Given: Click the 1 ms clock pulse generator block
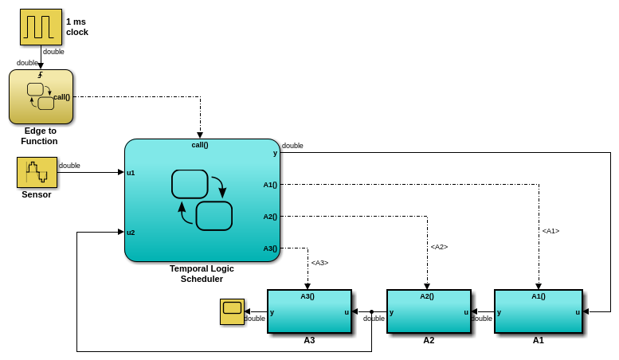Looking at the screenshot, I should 41,27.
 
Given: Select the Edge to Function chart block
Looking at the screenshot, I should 41,96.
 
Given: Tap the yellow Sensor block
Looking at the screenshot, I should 37,172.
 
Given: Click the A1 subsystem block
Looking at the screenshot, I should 538,311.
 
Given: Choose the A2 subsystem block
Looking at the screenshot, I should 429,311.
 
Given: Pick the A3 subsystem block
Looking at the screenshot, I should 309,311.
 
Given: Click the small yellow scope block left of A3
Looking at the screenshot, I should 232,311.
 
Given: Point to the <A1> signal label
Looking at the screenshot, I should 550,231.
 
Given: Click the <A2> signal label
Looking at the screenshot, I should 439,247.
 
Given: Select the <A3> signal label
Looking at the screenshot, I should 319,263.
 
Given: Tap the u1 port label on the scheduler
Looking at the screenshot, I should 131,172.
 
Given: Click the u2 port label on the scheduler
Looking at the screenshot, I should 131,233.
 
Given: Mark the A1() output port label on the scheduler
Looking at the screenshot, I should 270,185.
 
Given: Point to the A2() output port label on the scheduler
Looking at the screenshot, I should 270,217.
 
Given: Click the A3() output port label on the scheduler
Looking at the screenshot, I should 270,248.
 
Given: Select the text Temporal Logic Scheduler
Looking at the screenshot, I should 202,273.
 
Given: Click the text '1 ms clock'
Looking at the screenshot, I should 77,27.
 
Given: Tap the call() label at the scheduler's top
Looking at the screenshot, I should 200,145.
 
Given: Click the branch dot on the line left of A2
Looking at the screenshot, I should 371,311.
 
